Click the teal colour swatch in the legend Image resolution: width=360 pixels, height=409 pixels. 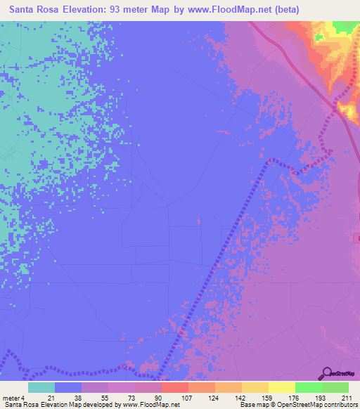(x=41, y=387)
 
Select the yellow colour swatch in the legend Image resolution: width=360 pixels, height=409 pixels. (x=281, y=387)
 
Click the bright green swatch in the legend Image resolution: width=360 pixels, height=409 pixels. (x=308, y=387)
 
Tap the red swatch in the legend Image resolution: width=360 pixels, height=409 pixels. (x=174, y=387)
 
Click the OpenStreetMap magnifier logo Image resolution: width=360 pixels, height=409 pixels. (x=326, y=373)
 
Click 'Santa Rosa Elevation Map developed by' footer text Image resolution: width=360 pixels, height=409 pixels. (x=51, y=405)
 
